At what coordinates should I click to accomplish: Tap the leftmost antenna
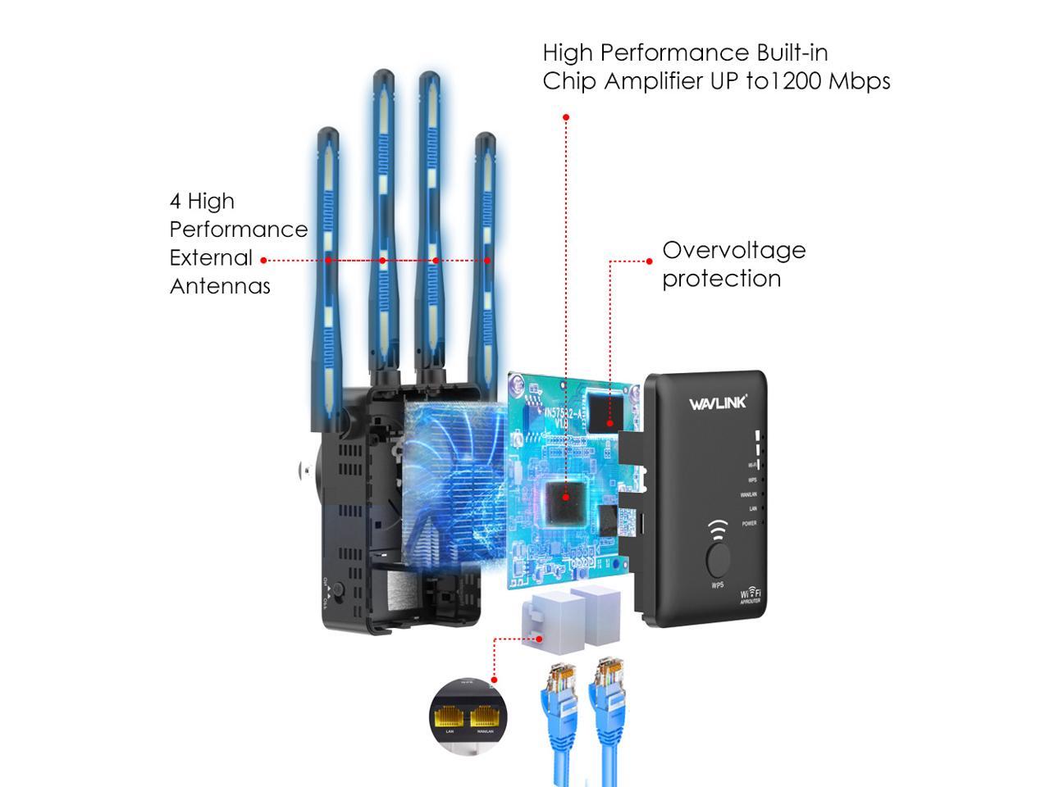point(327,279)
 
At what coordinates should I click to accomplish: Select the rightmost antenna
point(486,271)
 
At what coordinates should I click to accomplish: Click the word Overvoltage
point(734,250)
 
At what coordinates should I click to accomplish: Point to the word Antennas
point(220,286)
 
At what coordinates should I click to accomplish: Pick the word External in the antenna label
point(211,257)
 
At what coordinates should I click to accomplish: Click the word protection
point(721,279)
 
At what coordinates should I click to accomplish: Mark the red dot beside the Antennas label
point(263,261)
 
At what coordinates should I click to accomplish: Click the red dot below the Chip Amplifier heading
point(566,118)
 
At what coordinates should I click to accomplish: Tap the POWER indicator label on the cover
point(750,523)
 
